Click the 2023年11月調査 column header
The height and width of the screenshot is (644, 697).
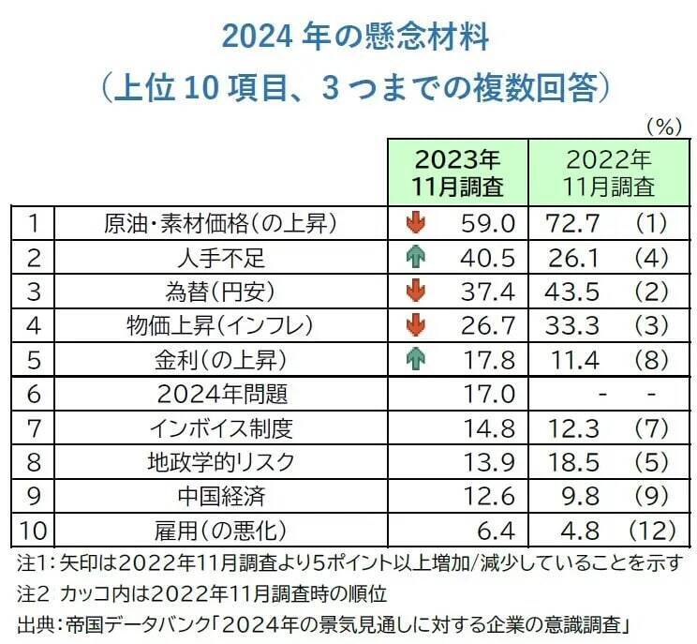pos(458,171)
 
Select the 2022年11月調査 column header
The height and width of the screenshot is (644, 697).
pos(602,171)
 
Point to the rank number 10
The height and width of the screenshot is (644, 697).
pos(33,532)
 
